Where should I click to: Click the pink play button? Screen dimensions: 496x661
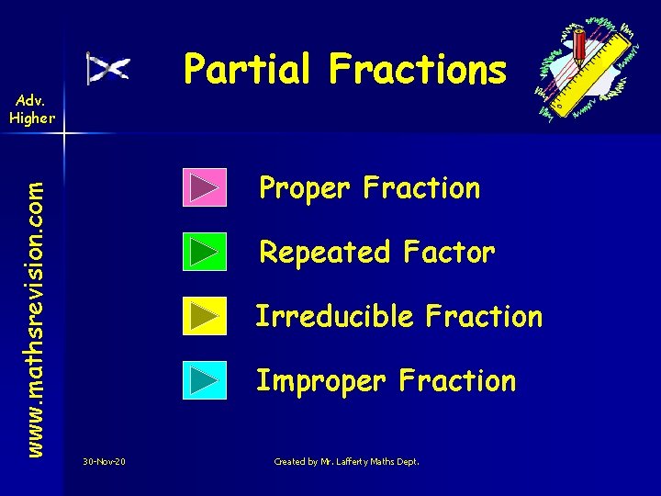click(x=204, y=187)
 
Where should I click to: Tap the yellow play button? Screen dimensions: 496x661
click(x=204, y=316)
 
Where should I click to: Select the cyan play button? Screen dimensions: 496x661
click(x=204, y=380)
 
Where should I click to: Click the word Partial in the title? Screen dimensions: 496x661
click(x=247, y=68)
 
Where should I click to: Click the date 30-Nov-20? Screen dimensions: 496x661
click(x=104, y=461)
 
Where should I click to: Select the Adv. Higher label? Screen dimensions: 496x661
click(x=32, y=108)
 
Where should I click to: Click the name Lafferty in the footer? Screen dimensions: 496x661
click(x=350, y=461)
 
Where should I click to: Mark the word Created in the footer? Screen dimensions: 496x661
click(x=290, y=461)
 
